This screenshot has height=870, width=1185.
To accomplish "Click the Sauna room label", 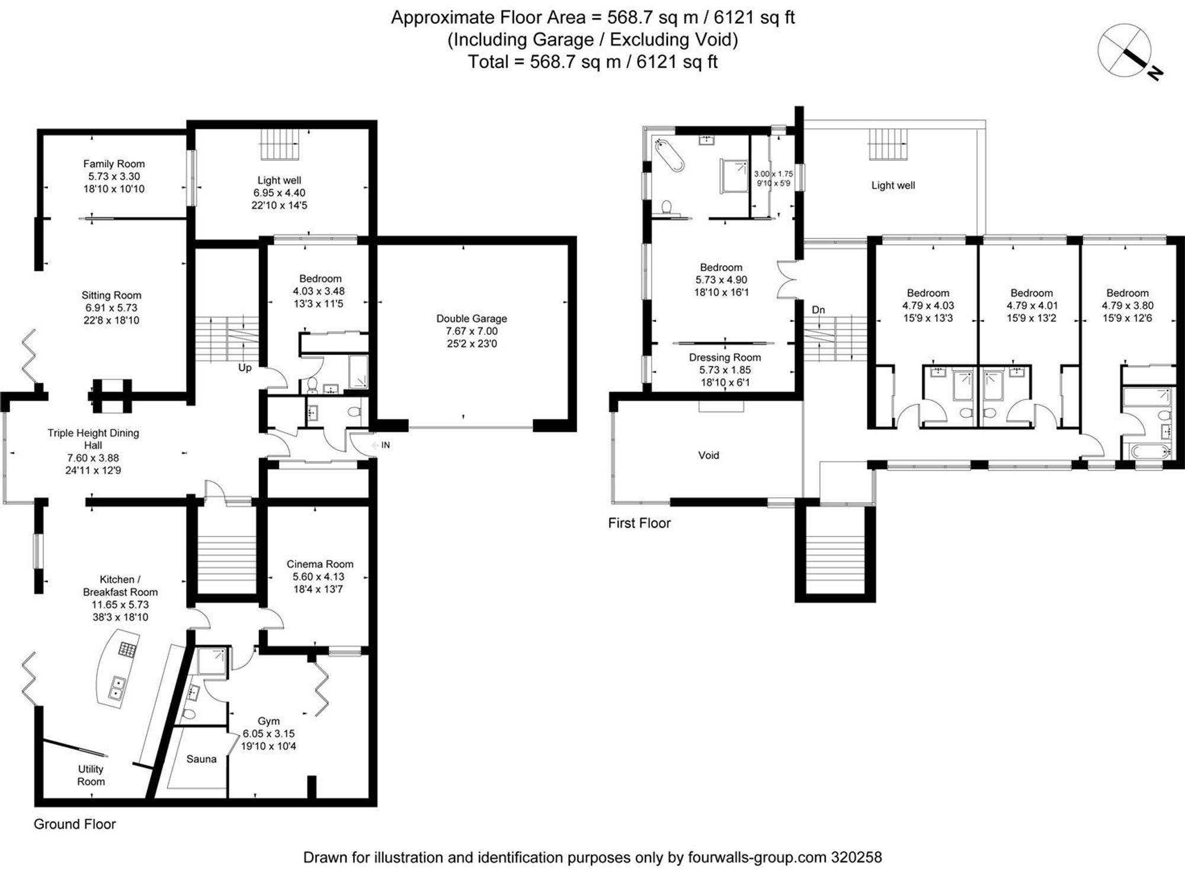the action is click(201, 759).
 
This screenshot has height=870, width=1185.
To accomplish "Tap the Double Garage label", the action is click(472, 319).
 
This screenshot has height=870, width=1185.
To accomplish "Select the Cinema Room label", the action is click(320, 564).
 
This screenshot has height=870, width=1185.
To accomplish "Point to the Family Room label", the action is click(114, 164).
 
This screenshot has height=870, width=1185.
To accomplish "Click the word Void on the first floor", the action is click(709, 455).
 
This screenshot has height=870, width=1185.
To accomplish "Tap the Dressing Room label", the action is click(725, 357).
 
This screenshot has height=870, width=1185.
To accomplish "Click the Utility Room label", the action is click(91, 775).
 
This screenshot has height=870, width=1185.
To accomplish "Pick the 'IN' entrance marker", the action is click(386, 445).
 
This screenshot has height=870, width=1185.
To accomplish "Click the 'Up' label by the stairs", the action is click(245, 367).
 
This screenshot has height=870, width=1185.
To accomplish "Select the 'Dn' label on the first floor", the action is click(818, 310).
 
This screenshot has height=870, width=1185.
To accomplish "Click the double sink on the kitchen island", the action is click(117, 688).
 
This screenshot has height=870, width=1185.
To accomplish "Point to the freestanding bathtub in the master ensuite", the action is click(670, 155).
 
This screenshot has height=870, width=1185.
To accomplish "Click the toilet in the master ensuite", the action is click(666, 207).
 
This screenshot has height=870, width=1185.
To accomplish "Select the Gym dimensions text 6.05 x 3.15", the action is click(268, 734).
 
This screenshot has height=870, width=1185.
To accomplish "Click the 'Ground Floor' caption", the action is click(75, 824).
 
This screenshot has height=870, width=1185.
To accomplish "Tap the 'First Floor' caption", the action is click(639, 523).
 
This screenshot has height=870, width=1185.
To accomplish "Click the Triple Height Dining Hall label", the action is click(93, 439).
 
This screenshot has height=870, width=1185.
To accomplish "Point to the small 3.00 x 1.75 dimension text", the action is click(773, 174).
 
